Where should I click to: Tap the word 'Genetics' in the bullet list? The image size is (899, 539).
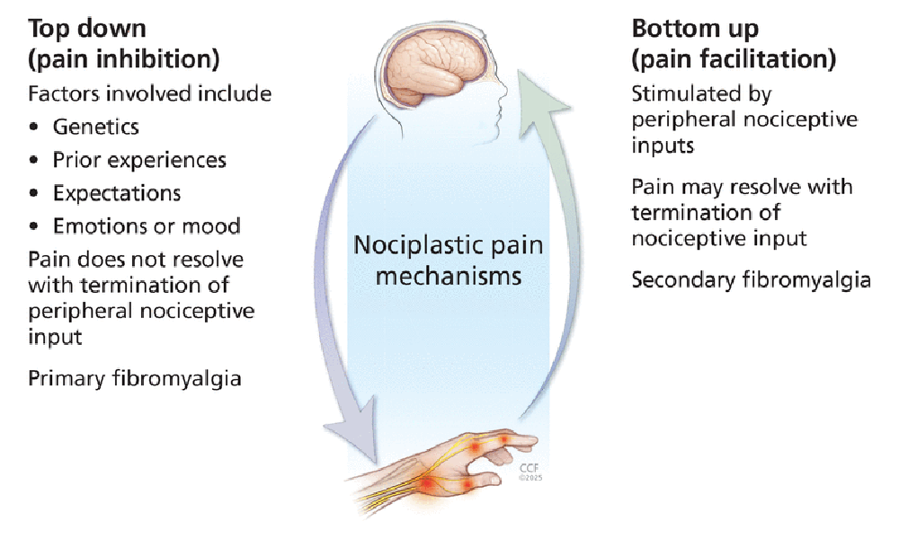pos(95,127)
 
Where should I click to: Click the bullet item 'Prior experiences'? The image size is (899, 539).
pos(139,160)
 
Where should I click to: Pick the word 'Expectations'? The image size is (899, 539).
pos(117,193)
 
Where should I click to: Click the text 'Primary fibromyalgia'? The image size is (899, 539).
pos(135,378)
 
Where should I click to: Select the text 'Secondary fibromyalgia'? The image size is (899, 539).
pos(751,279)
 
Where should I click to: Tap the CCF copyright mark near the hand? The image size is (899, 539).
pos(529,471)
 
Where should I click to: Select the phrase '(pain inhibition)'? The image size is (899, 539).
pos(124,60)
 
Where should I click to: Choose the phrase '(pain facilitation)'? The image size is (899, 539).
pos(734,60)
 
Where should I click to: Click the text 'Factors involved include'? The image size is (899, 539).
pos(149,93)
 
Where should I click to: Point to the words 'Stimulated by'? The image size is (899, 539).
pos(701,93)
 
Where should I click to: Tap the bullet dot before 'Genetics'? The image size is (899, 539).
pos(34,128)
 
